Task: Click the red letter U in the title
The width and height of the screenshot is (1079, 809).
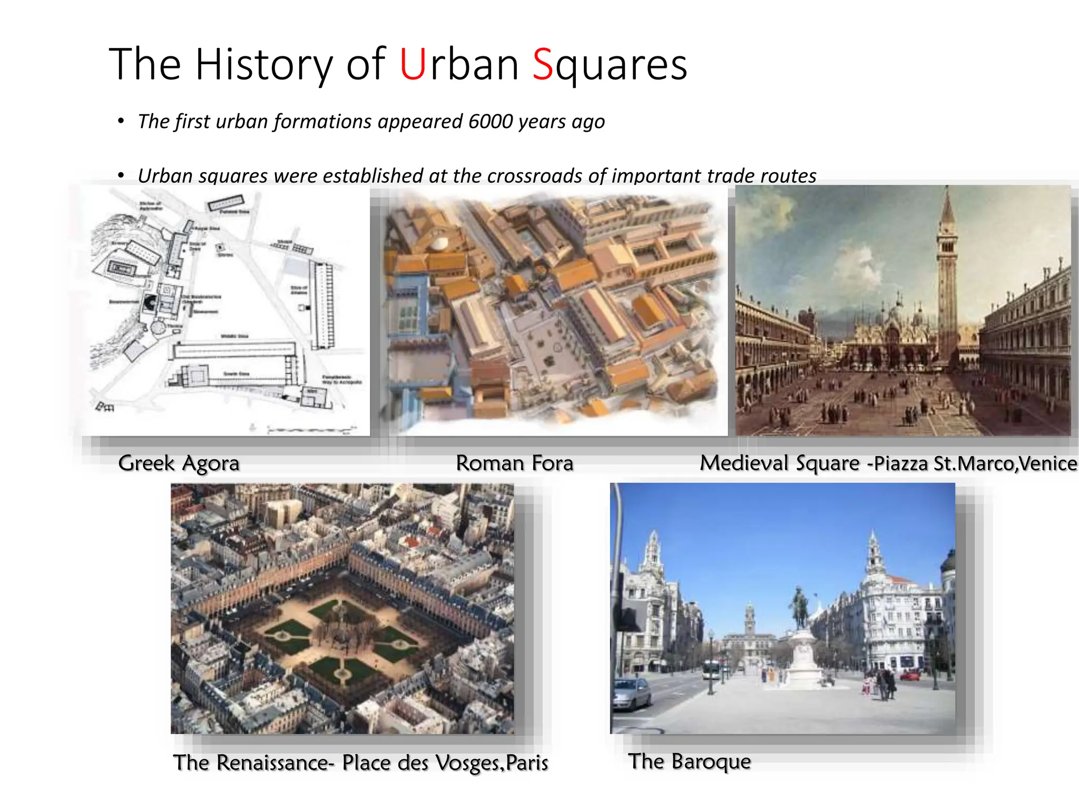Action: click(x=412, y=65)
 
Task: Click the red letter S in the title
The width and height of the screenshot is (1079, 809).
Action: click(x=543, y=65)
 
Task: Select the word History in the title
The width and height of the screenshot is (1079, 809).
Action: click(x=264, y=65)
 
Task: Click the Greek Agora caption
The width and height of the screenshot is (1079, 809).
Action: click(x=179, y=463)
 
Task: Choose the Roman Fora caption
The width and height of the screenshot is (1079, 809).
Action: click(x=514, y=463)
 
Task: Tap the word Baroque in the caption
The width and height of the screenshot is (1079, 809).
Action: click(x=711, y=762)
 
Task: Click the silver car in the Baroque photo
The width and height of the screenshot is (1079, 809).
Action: click(x=631, y=693)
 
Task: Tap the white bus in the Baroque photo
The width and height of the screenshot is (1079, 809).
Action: click(x=711, y=669)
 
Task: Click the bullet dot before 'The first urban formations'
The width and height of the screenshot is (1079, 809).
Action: click(x=121, y=122)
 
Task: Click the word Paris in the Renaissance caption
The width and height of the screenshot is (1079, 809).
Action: click(x=527, y=763)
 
